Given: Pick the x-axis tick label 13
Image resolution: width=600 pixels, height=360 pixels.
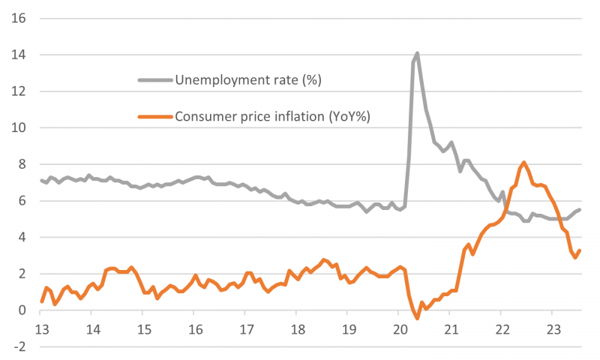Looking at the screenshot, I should click(x=42, y=329).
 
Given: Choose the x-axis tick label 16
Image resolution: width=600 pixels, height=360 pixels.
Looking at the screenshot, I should click(x=195, y=329).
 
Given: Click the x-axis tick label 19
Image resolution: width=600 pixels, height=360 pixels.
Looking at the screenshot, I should click(x=348, y=329).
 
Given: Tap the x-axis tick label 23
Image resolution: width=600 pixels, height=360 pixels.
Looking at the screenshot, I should click(x=552, y=329).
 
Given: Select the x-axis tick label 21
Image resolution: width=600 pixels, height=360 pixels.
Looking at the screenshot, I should click(x=450, y=329).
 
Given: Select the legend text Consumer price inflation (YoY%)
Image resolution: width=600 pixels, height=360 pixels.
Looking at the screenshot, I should click(x=273, y=116).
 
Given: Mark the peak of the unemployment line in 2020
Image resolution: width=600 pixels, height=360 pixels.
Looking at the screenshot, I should click(x=417, y=53).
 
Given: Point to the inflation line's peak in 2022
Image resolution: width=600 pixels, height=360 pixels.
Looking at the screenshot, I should click(x=523, y=162).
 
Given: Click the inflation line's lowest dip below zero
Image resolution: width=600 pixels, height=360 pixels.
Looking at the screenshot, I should click(x=417, y=318).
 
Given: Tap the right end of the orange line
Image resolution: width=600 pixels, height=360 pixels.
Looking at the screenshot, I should click(x=580, y=250).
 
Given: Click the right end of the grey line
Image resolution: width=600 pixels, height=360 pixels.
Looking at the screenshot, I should click(x=580, y=209).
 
